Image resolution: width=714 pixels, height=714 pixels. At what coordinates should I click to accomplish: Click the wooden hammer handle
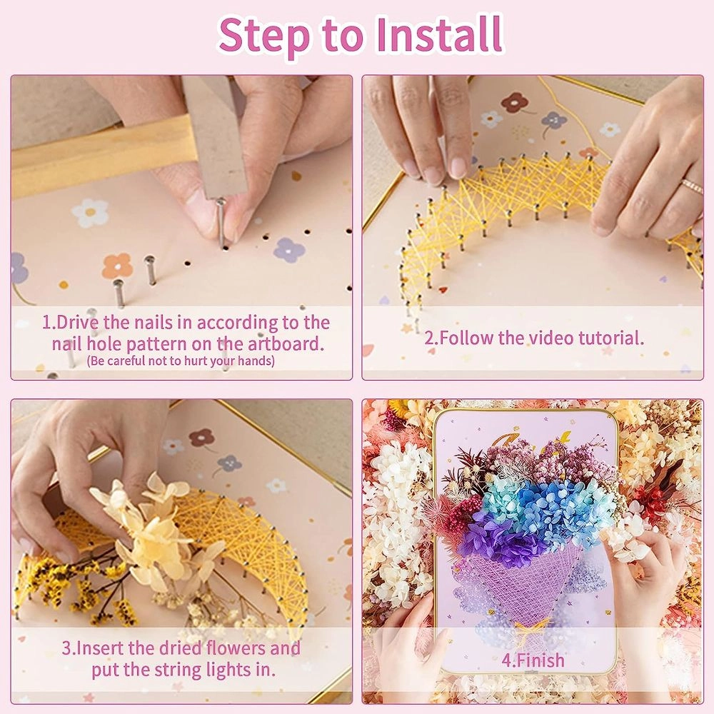93,161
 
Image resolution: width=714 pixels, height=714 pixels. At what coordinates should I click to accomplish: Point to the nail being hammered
222,221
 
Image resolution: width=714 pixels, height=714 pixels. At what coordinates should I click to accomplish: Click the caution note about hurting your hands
181,361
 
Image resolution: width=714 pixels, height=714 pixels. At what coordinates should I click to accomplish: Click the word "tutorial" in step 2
608,338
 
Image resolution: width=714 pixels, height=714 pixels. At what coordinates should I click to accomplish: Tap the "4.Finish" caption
532,660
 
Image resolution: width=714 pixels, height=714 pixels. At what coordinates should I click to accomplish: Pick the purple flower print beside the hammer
288,249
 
